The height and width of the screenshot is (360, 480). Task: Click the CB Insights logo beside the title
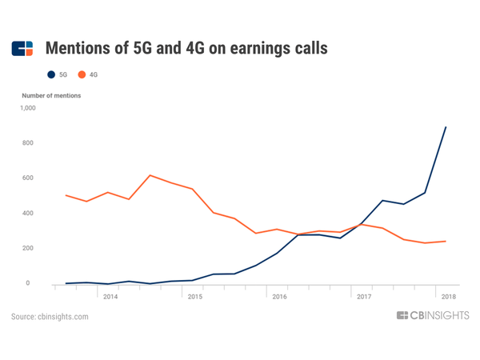coord(22,49)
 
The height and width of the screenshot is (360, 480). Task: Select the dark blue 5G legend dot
coord(52,74)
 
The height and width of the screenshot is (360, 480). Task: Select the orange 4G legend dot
coord(82,74)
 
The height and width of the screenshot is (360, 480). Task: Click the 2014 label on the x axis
coord(110,296)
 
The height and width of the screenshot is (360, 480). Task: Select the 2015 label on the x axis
coord(194,296)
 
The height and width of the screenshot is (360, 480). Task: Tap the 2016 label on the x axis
coord(279,296)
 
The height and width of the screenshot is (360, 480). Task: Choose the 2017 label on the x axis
coord(363,296)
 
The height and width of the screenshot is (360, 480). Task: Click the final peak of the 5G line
coord(446,127)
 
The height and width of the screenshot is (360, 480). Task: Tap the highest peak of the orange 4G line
coord(150,175)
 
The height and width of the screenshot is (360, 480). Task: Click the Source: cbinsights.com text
coord(50,317)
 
